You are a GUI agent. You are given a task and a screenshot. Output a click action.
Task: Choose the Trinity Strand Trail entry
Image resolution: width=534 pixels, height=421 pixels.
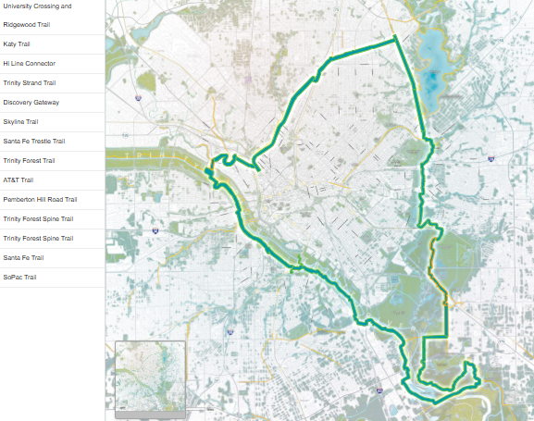(x=30, y=83)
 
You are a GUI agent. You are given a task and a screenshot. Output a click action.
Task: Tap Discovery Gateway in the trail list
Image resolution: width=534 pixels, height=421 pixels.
(x=31, y=103)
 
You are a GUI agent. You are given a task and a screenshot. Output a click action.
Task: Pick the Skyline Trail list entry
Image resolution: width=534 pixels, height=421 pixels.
(x=21, y=122)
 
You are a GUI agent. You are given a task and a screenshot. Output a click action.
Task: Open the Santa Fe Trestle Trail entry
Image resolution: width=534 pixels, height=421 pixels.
(x=34, y=142)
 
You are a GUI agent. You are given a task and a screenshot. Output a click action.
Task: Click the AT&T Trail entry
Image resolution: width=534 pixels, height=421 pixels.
(x=19, y=180)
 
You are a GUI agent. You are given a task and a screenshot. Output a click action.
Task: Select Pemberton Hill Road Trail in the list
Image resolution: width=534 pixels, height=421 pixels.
(x=40, y=200)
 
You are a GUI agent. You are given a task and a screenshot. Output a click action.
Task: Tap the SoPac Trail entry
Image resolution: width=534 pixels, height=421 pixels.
(x=19, y=278)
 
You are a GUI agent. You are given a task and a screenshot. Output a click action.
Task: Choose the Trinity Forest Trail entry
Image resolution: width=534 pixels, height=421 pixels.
(x=29, y=161)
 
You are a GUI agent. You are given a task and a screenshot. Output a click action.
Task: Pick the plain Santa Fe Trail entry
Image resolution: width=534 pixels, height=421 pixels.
(x=23, y=258)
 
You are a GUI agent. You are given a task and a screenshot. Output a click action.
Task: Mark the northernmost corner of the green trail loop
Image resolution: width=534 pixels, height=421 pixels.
(x=395, y=37)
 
